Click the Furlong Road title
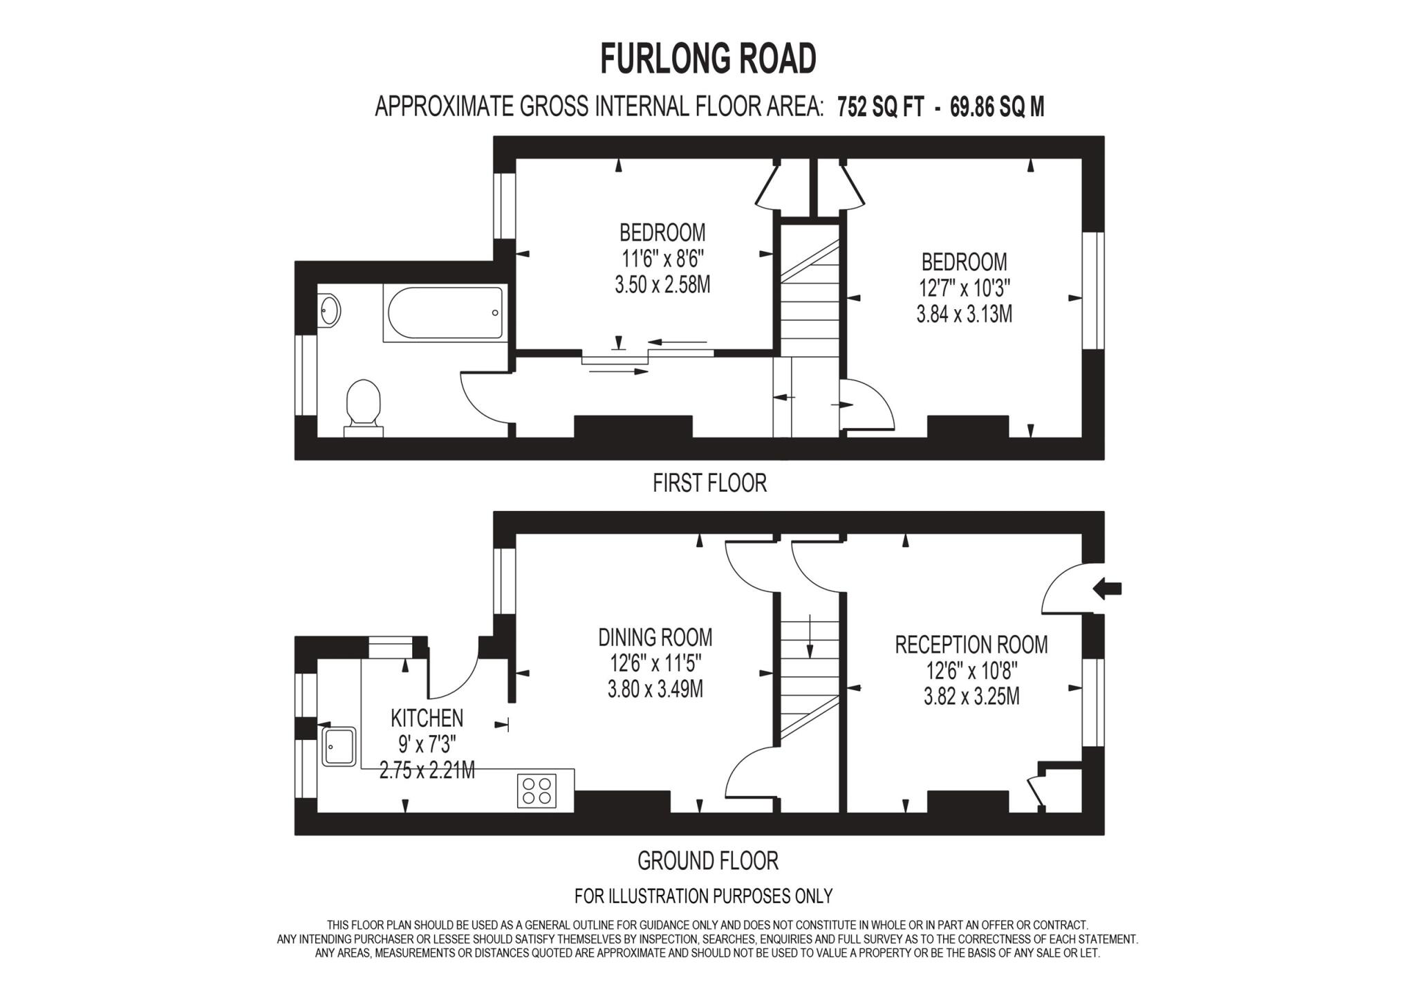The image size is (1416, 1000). [x=707, y=59]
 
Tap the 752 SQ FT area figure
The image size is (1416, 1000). [x=880, y=107]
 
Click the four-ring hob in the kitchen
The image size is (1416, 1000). [x=537, y=790]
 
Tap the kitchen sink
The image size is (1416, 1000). [x=338, y=746]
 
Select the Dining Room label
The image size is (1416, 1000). [x=655, y=637]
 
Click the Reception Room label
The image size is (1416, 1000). [x=971, y=645]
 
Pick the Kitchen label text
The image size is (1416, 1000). [x=427, y=719]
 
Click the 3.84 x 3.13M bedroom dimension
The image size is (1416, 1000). [x=964, y=315]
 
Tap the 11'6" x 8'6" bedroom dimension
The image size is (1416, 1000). [x=662, y=259]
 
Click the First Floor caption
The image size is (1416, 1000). [x=709, y=483]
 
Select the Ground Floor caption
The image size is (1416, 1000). [x=707, y=861]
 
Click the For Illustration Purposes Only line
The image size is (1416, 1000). [x=703, y=896]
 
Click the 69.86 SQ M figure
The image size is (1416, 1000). [x=996, y=107]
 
